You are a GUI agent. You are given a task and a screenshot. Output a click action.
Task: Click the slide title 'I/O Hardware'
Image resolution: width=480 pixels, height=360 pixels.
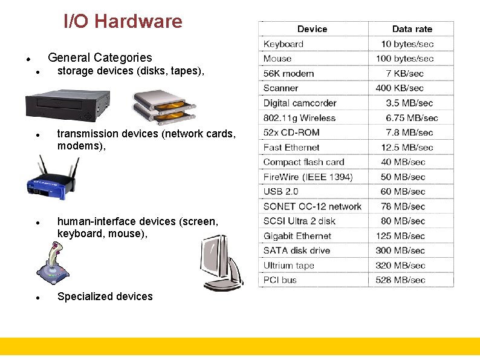point(123,22)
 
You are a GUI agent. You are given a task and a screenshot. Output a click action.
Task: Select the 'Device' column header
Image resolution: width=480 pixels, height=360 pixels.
point(312,29)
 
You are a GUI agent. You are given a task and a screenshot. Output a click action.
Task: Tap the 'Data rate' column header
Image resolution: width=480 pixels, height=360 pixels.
point(412,29)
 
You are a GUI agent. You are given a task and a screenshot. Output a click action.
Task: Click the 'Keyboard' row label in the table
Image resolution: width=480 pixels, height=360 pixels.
point(284,44)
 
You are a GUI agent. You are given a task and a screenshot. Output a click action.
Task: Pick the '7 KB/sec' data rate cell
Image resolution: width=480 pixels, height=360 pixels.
point(404,74)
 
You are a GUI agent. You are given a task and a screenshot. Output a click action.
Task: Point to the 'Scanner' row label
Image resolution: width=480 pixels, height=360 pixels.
point(281,88)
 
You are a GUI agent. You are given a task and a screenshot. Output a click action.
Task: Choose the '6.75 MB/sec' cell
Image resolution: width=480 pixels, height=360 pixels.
point(412,118)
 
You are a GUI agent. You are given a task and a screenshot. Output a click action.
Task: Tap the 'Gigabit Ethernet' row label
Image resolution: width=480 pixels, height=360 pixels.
point(297,236)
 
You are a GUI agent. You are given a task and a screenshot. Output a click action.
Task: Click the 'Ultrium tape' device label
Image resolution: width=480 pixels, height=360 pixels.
point(289,266)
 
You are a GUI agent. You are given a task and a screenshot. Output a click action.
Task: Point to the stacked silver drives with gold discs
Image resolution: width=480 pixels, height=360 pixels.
point(164,107)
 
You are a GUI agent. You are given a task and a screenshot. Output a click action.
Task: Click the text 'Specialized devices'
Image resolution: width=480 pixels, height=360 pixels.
point(105,296)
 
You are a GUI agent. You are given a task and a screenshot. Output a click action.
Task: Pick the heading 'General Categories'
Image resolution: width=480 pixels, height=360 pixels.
point(100,58)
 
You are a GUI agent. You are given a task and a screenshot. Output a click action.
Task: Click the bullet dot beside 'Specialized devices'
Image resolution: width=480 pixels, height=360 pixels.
point(37,298)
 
